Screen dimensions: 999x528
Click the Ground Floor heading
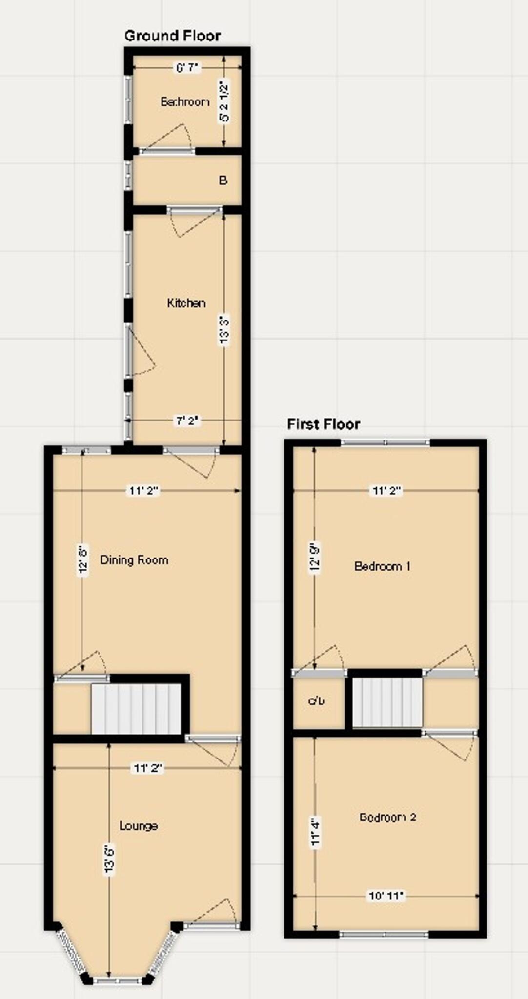pyautogui.click(x=172, y=36)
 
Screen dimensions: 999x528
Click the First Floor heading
pyautogui.click(x=323, y=424)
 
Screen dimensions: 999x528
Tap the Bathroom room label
pyautogui.click(x=184, y=102)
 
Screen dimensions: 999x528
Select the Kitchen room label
pyautogui.click(x=186, y=303)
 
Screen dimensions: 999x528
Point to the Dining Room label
pyautogui.click(x=134, y=559)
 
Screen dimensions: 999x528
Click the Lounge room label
pyautogui.click(x=139, y=826)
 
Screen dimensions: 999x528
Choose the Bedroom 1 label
pyautogui.click(x=382, y=566)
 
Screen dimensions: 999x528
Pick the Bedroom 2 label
pyautogui.click(x=387, y=817)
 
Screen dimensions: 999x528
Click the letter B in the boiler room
pyautogui.click(x=223, y=180)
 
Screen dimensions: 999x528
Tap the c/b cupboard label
pyautogui.click(x=316, y=701)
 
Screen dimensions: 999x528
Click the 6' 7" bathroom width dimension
pyautogui.click(x=188, y=68)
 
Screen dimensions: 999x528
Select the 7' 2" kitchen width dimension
pyautogui.click(x=187, y=420)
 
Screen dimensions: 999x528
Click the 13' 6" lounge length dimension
pyautogui.click(x=109, y=860)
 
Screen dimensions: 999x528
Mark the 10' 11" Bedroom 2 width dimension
pyautogui.click(x=386, y=896)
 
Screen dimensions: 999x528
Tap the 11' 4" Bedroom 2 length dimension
pyautogui.click(x=316, y=832)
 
